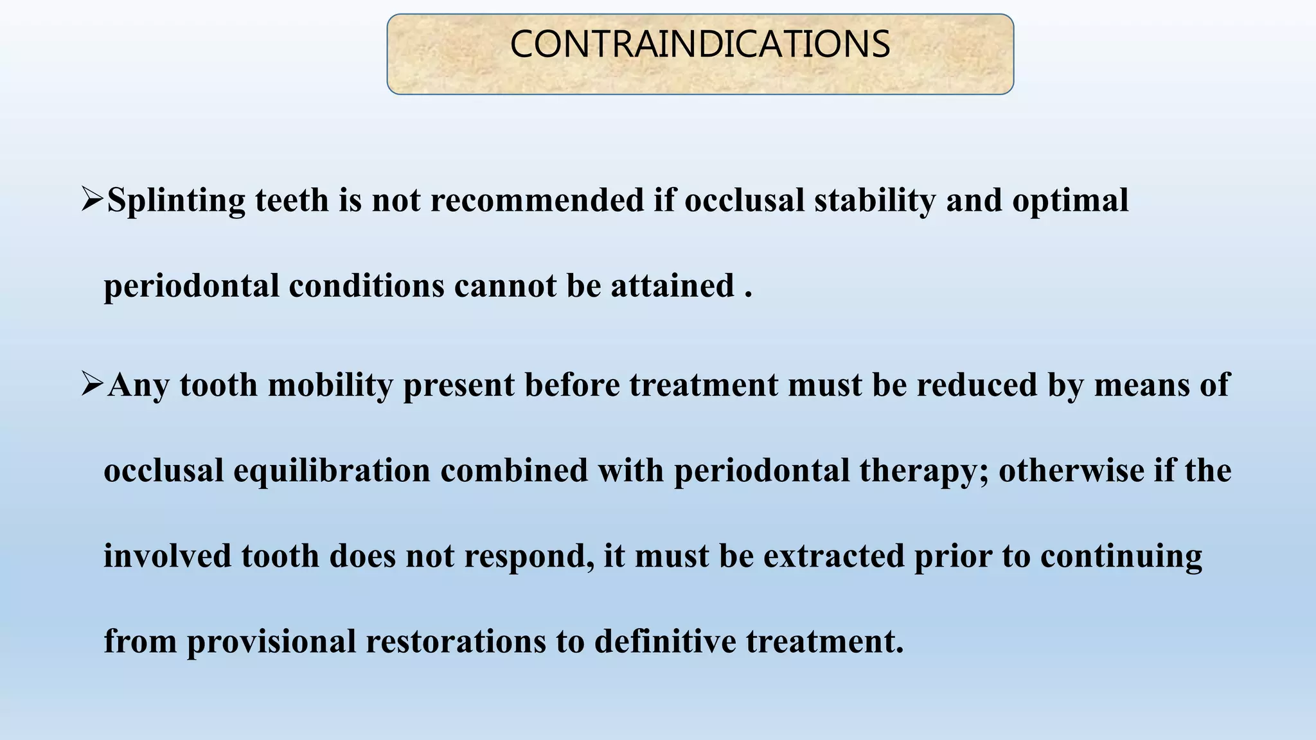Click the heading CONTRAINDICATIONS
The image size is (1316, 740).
pyautogui.click(x=700, y=44)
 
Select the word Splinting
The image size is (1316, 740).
pyautogui.click(x=175, y=200)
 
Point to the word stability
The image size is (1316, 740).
pyautogui.click(x=875, y=200)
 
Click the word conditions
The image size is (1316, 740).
pyautogui.click(x=366, y=285)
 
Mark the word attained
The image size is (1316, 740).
pyautogui.click(x=672, y=285)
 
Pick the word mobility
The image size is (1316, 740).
pyautogui.click(x=330, y=385)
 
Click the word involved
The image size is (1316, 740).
pyautogui.click(x=167, y=556)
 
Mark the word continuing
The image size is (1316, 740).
pyautogui.click(x=1121, y=556)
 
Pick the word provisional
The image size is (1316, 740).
pyautogui.click(x=271, y=641)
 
